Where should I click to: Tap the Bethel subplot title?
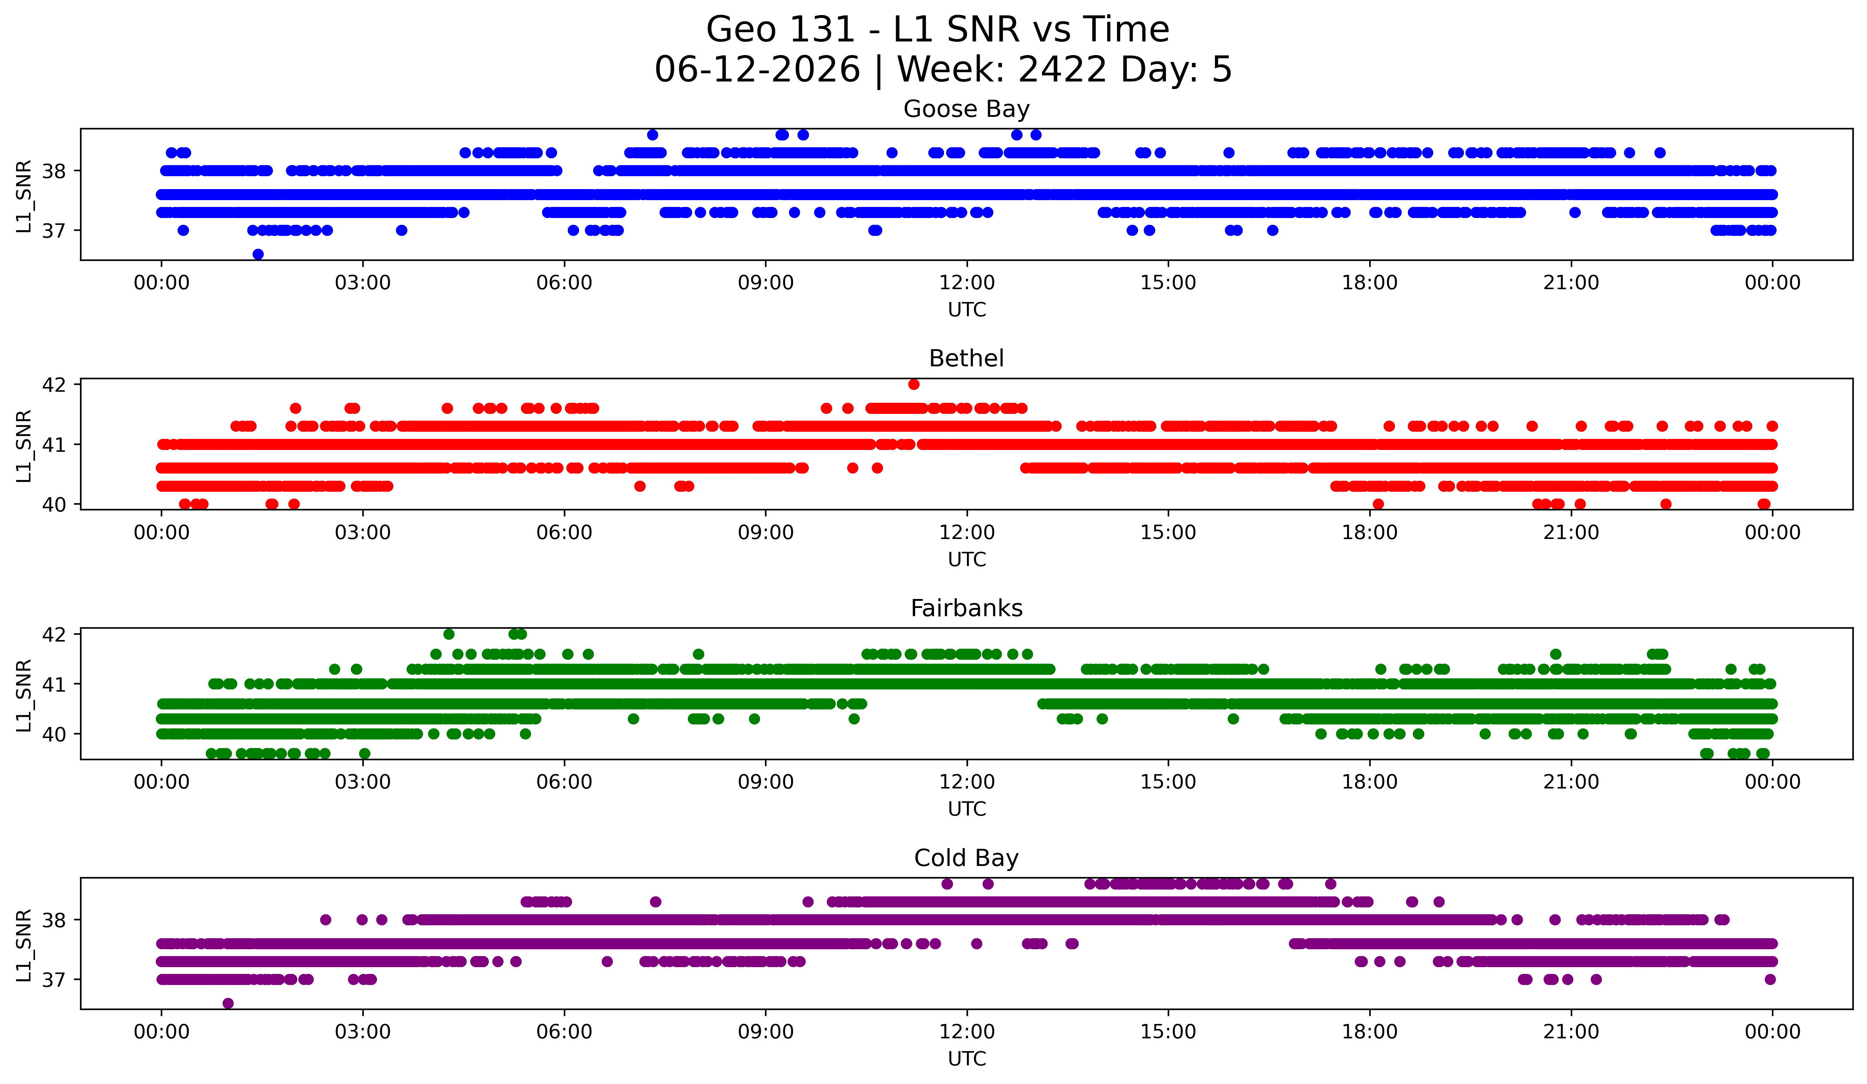click(966, 358)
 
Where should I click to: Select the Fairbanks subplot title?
click(966, 608)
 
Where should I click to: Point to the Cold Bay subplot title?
click(966, 858)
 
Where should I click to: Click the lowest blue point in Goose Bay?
click(258, 254)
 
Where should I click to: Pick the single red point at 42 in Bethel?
click(914, 384)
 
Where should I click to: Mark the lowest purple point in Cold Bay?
click(228, 1003)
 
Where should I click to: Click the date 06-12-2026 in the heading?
click(757, 70)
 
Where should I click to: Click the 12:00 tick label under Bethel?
click(967, 532)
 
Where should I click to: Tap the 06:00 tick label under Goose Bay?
click(565, 282)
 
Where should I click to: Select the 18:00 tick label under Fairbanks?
click(1369, 782)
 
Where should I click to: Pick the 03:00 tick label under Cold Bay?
click(363, 1031)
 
